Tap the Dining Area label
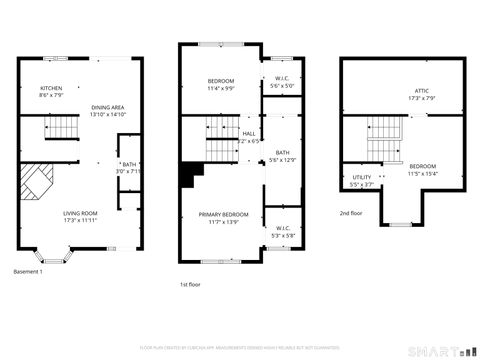pos(107,107)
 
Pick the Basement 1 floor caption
pos(28,272)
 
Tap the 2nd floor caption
pos(351,213)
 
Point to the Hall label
pos(248,133)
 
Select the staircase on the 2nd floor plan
pos(384,130)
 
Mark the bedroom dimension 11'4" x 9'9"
pos(221,88)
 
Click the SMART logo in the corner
pos(437,350)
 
